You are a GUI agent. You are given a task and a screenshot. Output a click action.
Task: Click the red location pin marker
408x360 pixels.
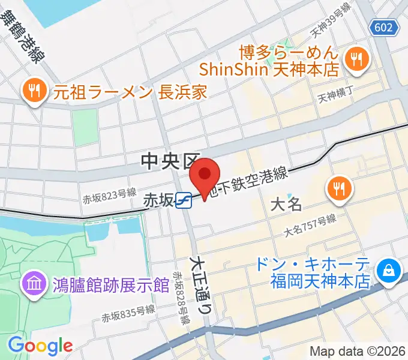click(x=205, y=177)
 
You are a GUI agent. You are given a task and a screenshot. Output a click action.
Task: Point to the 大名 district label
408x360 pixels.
click(x=286, y=204)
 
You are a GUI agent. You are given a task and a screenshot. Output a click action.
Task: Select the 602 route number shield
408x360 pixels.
click(x=383, y=27)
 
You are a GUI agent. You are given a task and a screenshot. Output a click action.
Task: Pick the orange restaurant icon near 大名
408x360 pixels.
click(x=339, y=188)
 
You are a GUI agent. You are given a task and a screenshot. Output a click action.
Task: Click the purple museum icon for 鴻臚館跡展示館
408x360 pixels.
click(x=34, y=284)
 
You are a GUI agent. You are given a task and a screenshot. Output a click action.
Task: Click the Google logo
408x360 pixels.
click(x=40, y=346)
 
